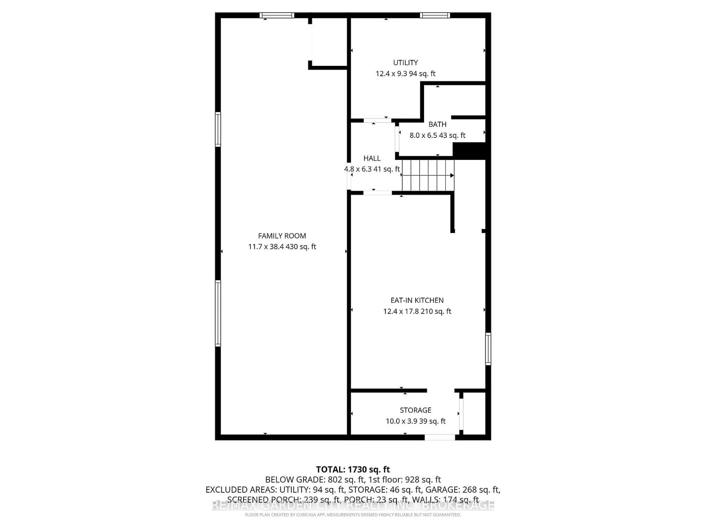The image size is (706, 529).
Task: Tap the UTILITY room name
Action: pyautogui.click(x=405, y=62)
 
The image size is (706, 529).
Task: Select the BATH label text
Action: pyautogui.click(x=437, y=124)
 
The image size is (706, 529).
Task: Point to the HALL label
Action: pyautogui.click(x=372, y=158)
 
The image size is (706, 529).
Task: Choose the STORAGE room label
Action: pyautogui.click(x=416, y=410)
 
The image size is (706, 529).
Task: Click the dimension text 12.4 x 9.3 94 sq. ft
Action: pyautogui.click(x=405, y=74)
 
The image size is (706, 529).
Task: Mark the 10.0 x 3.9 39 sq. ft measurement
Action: pyautogui.click(x=416, y=421)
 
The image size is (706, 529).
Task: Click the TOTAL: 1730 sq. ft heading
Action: pyautogui.click(x=353, y=469)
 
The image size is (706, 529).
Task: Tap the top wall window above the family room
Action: pyautogui.click(x=277, y=15)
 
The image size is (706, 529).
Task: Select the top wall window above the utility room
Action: pyautogui.click(x=435, y=15)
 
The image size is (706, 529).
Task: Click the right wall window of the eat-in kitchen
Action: pyautogui.click(x=488, y=349)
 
